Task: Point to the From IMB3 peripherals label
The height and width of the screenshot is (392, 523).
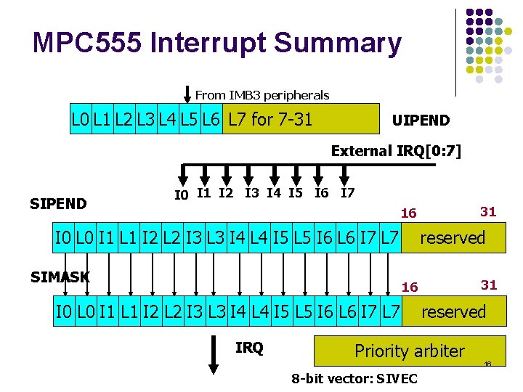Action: coord(261,95)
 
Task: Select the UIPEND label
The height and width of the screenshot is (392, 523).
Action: coord(421,120)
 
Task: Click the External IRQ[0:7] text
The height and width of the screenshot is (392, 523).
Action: coord(396,151)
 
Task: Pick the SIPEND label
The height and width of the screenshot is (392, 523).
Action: coord(58,204)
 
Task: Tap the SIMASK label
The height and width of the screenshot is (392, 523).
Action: coord(60,276)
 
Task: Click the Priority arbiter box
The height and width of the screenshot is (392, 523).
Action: coord(409,351)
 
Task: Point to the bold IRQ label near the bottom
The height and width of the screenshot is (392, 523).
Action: coord(249,348)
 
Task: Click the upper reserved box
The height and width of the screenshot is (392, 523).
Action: coord(453,237)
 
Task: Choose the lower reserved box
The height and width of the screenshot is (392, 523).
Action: coord(453,312)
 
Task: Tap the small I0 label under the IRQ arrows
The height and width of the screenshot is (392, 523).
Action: coord(182,195)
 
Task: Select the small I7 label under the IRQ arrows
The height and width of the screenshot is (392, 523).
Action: coord(347,193)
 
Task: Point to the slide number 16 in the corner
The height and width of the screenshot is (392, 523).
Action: coord(487,364)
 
